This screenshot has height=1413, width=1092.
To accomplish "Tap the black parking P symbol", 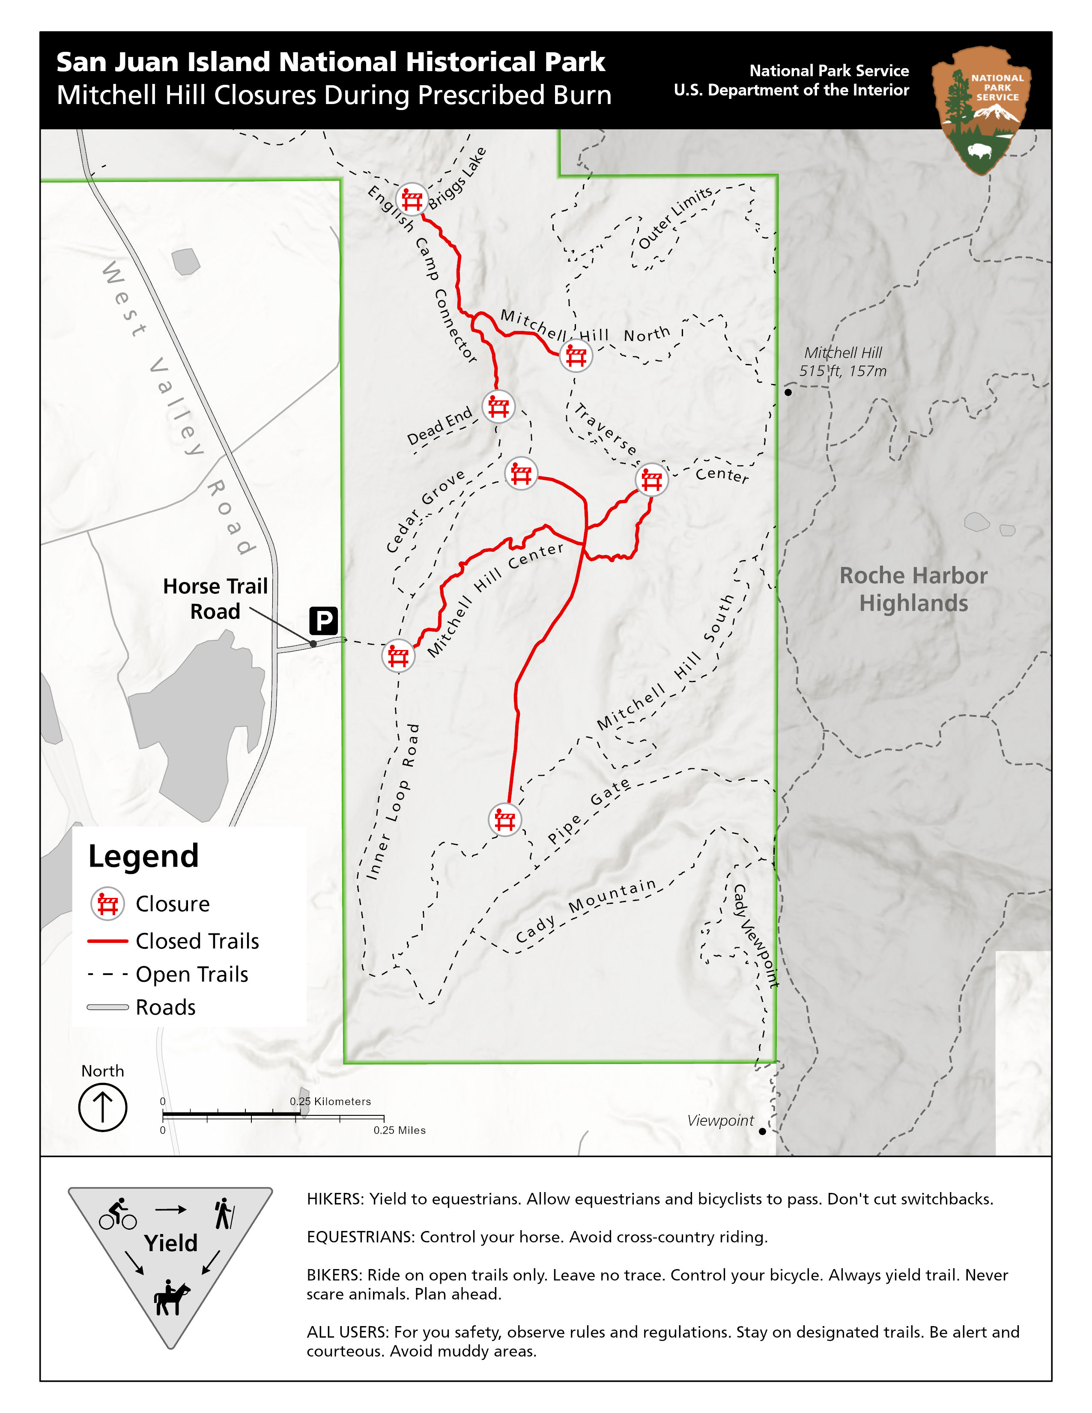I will click(x=323, y=620).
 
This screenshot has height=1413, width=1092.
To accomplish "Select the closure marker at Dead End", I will click(x=498, y=407).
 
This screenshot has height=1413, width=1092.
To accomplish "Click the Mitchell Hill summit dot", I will click(x=788, y=392).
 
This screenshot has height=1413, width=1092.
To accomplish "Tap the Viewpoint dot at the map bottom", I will click(x=762, y=1131).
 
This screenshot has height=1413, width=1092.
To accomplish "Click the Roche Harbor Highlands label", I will click(x=913, y=589).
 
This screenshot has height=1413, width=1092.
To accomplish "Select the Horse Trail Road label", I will click(x=215, y=599).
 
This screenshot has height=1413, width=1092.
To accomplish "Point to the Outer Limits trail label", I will click(x=675, y=217).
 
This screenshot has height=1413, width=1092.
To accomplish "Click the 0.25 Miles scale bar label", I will click(x=399, y=1130).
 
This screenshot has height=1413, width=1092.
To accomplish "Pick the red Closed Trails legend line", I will click(x=107, y=941).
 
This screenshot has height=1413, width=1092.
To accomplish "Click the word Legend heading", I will click(x=143, y=856).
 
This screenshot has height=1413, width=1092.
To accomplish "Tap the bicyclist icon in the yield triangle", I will click(x=118, y=1214).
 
